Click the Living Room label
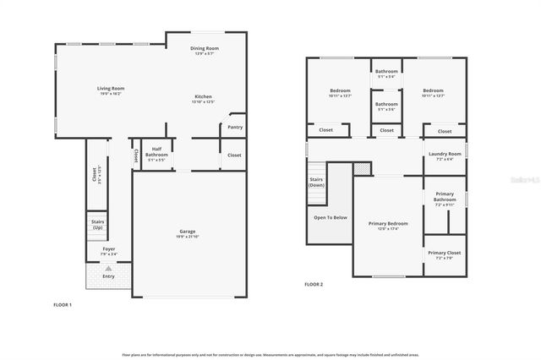coord(110,89)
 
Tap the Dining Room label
coord(205,49)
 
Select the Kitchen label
coord(204,97)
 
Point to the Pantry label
coord(234,127)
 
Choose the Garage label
coord(187,232)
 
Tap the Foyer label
coord(109,249)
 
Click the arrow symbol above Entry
coord(108,268)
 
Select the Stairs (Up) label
coord(98,225)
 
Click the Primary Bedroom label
coord(388,224)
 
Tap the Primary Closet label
coord(444,254)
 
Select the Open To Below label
coord(331,217)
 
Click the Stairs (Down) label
coord(316,183)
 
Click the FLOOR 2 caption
coord(314,284)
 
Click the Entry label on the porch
coord(109,276)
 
